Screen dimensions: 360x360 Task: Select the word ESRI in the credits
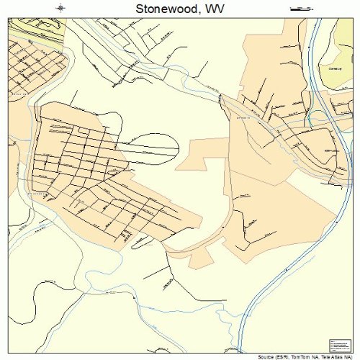pos(279,356)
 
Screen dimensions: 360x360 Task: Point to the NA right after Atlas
pos(348,356)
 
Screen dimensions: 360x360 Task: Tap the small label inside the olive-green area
pos(333,69)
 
